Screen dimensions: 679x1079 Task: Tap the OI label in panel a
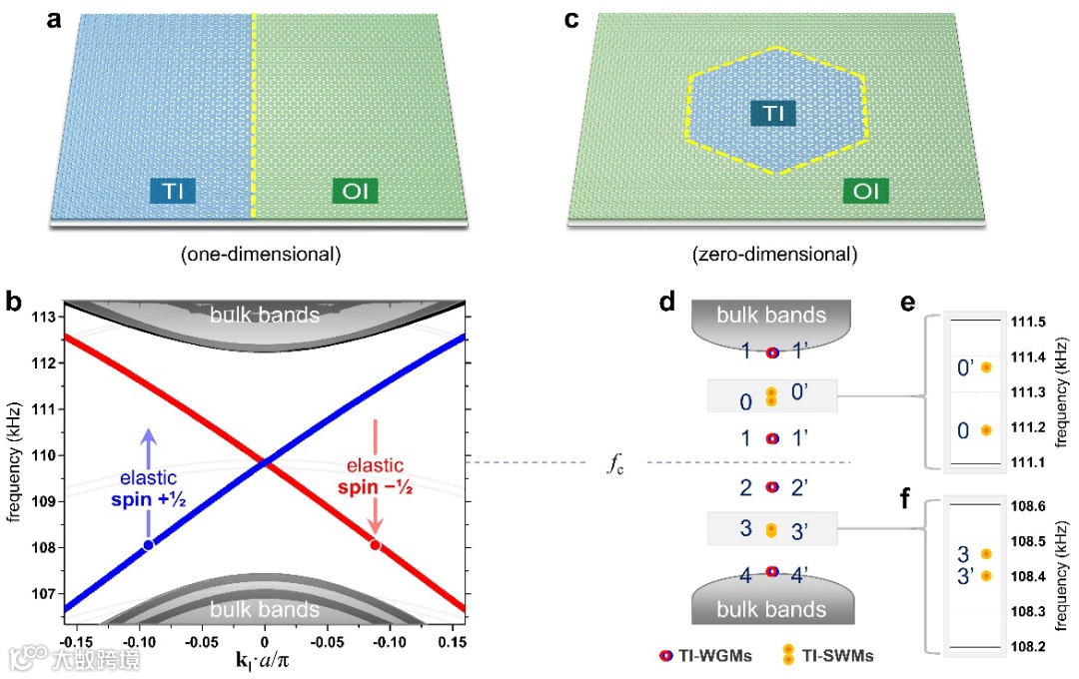click(356, 189)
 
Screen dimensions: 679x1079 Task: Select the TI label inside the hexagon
click(773, 113)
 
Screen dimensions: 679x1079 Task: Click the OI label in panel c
click(865, 189)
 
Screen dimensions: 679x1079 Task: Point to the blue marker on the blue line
click(149, 544)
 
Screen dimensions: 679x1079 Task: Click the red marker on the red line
click(375, 544)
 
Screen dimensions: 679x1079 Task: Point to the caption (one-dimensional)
click(261, 254)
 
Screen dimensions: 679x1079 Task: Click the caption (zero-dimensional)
click(773, 254)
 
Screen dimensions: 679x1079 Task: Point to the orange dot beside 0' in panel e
click(986, 367)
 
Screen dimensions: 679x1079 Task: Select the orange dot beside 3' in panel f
click(986, 575)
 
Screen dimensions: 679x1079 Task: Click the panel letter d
click(666, 301)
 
